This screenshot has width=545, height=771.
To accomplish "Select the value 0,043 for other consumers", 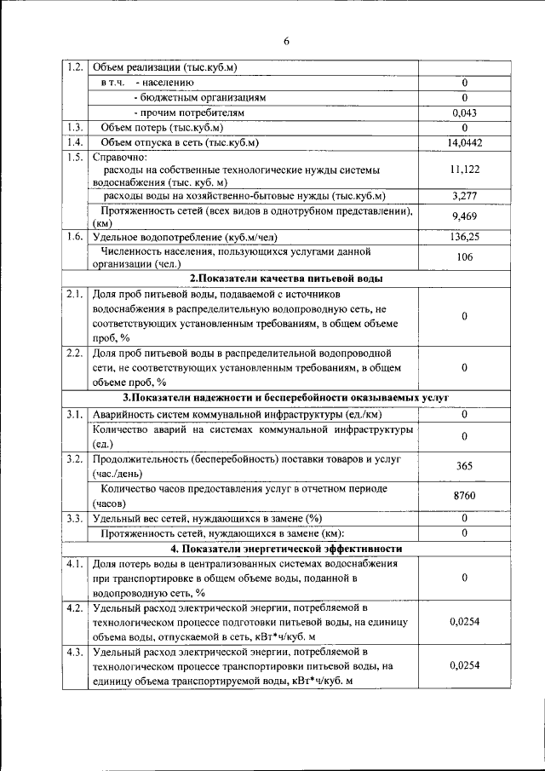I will click(465, 112).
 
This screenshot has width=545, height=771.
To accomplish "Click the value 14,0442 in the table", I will click(465, 142).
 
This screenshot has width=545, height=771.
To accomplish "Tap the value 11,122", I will click(465, 170).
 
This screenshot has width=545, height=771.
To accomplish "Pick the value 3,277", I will click(465, 197).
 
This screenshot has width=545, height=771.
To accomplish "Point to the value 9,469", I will click(465, 216).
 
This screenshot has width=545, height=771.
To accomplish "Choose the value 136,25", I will click(465, 237).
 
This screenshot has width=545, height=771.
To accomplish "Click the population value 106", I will click(465, 257).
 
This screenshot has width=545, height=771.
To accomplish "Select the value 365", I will click(465, 466).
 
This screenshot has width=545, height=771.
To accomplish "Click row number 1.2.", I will click(75, 67).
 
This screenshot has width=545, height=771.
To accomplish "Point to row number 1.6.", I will click(75, 237).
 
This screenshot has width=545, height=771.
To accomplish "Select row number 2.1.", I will click(75, 294).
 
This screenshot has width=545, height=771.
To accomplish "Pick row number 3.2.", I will click(75, 459).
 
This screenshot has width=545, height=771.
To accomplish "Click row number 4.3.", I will click(75, 653).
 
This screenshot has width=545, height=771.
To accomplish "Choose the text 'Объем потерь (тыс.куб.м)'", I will click(158, 128).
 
